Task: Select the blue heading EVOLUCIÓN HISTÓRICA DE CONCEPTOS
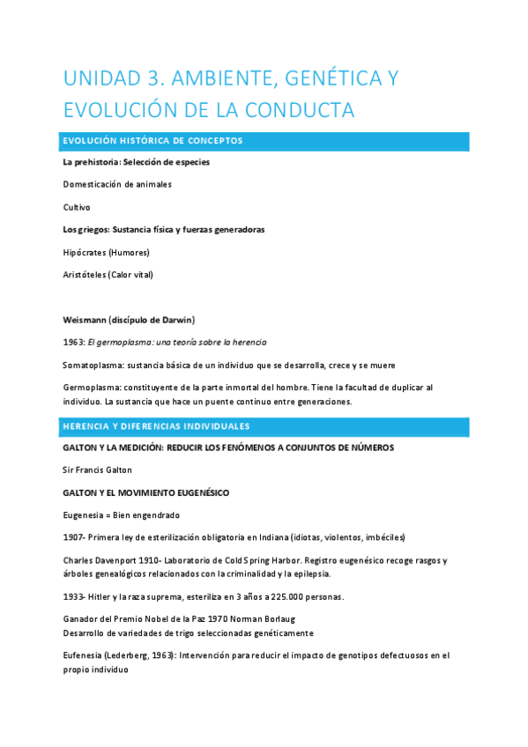point(152,141)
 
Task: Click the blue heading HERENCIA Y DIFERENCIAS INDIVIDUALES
point(155,426)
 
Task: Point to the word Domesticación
point(93,184)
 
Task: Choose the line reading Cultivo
point(76,207)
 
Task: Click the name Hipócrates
point(84,252)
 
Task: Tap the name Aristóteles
point(84,274)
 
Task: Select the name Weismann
point(84,319)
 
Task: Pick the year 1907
point(73,537)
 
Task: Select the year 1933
point(73,596)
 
